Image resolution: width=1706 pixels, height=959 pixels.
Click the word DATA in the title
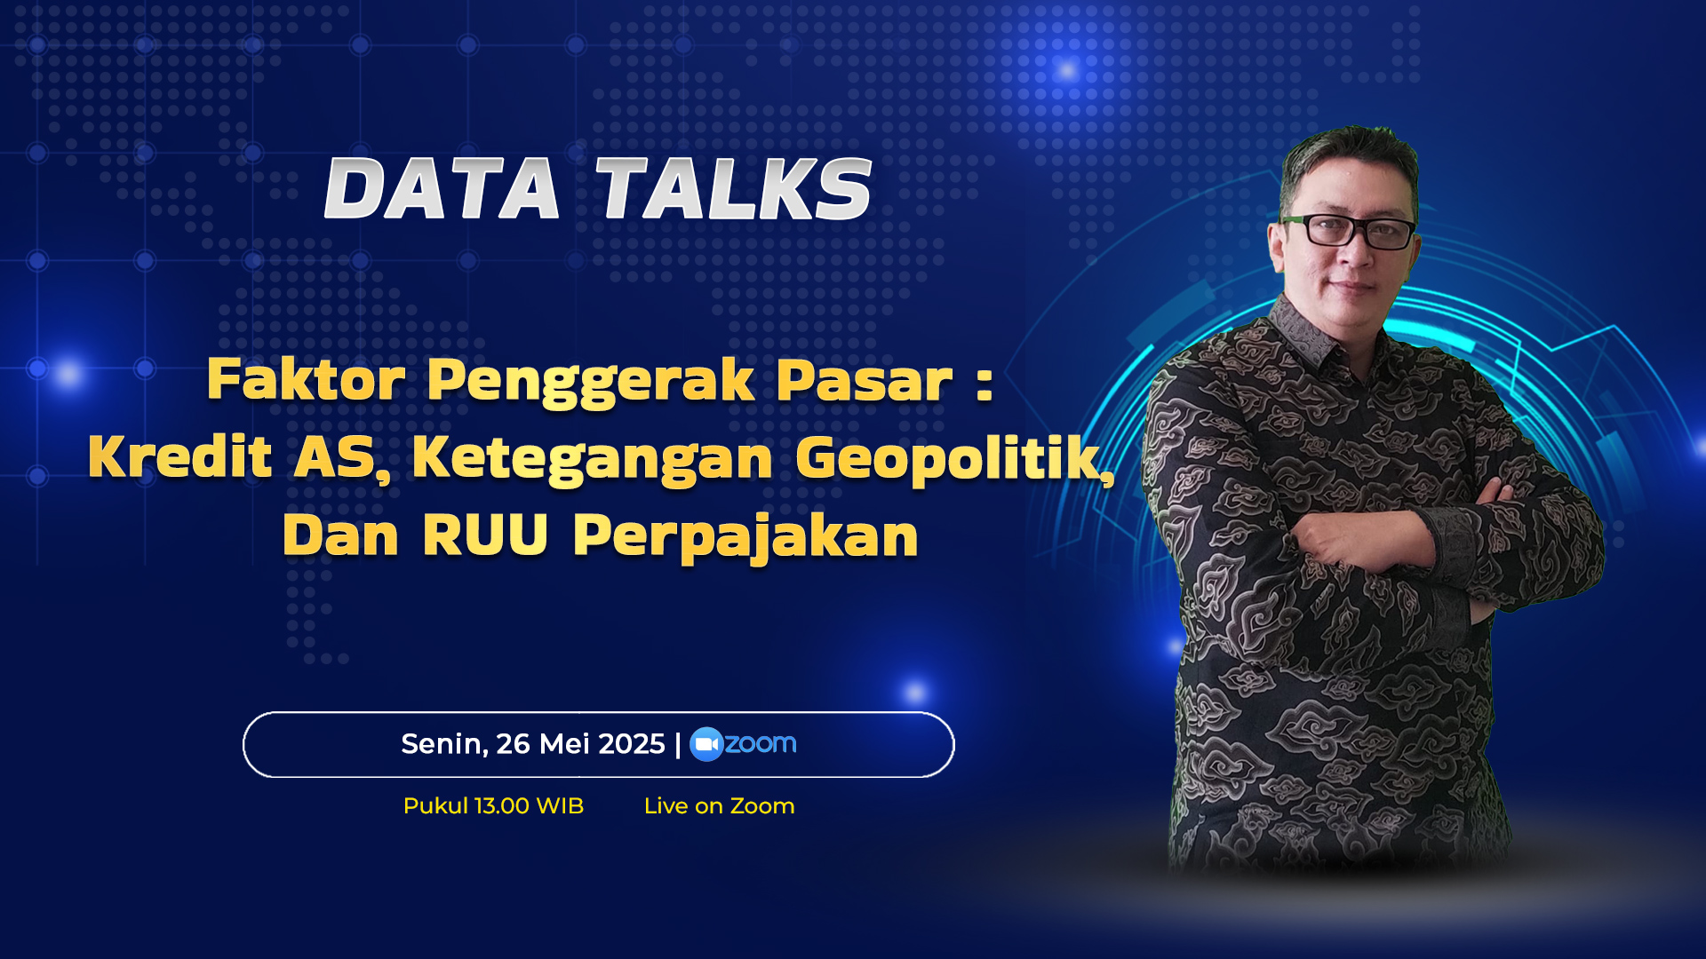pyautogui.click(x=442, y=188)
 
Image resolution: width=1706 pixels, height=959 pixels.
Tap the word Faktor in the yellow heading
pyautogui.click(x=307, y=379)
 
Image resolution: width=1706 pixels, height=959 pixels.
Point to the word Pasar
pyautogui.click(x=865, y=380)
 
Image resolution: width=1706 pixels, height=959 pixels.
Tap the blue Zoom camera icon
pyautogui.click(x=706, y=745)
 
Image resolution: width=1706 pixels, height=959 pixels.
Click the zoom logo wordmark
pyautogui.click(x=761, y=744)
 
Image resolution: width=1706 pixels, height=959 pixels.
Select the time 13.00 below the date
pyautogui.click(x=502, y=806)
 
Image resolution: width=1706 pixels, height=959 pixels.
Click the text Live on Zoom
pyautogui.click(x=720, y=806)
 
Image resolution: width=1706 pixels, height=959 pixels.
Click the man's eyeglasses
pyautogui.click(x=1348, y=231)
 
